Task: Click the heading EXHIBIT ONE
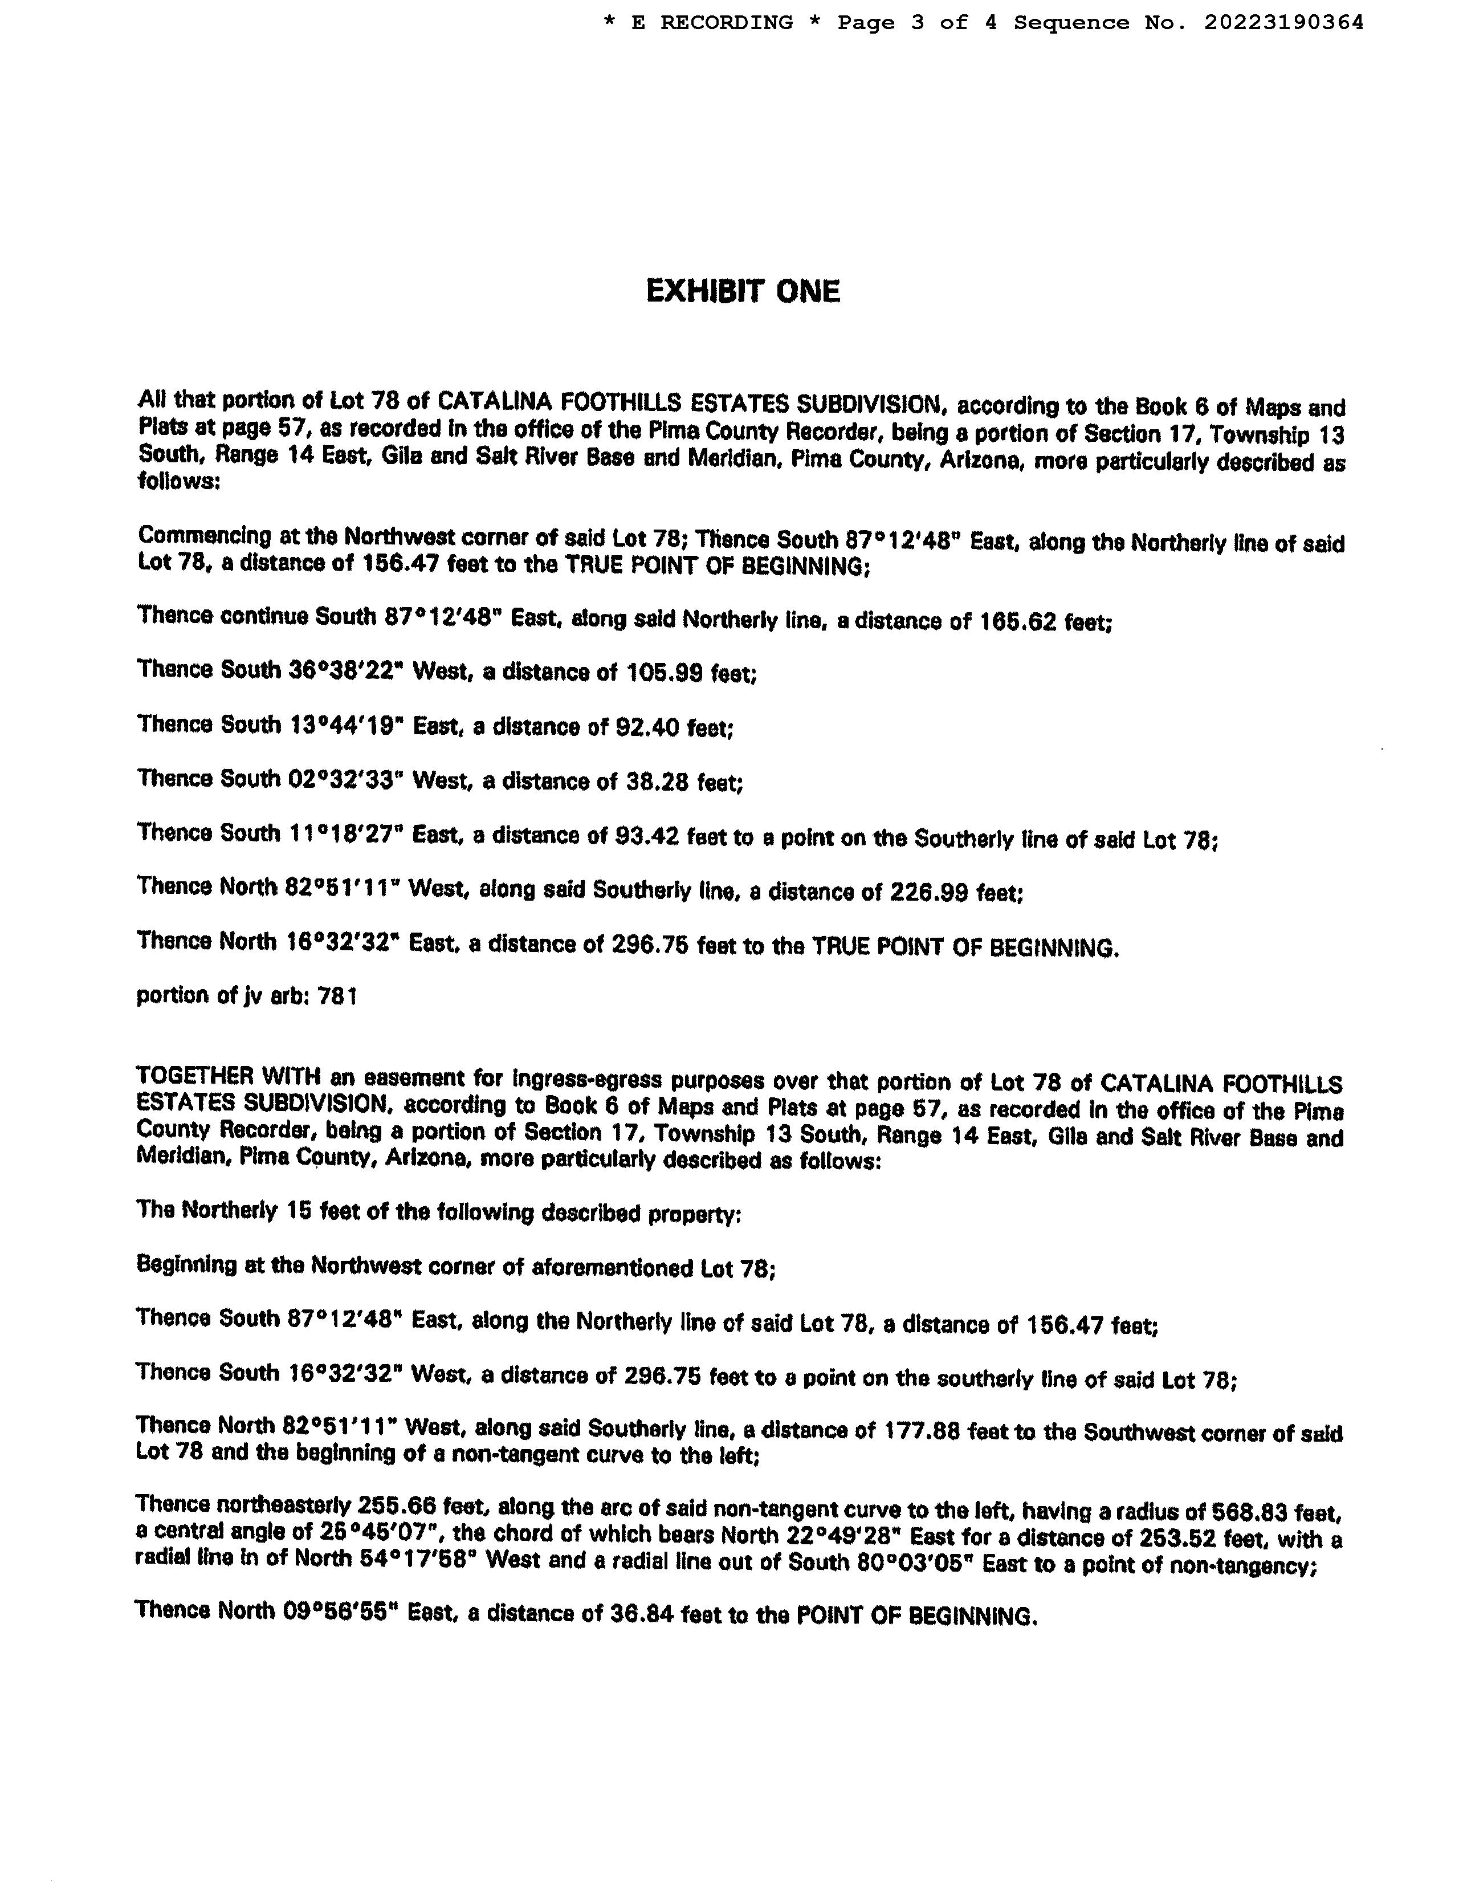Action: (743, 291)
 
